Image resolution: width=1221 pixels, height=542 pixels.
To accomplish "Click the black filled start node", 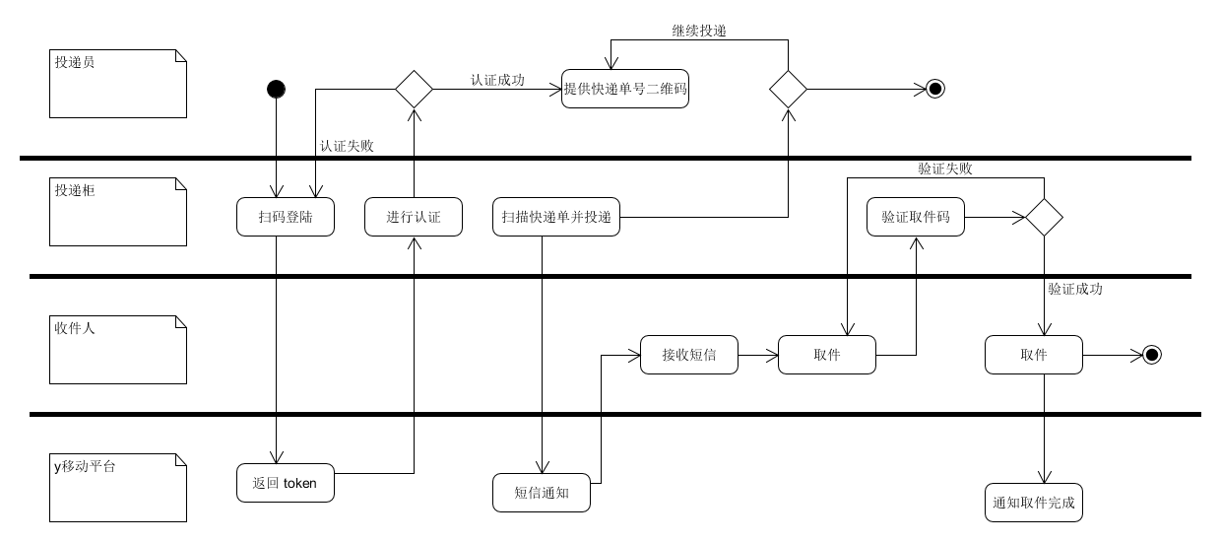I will tap(277, 90).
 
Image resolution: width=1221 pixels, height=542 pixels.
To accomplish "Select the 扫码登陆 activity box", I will tap(286, 217).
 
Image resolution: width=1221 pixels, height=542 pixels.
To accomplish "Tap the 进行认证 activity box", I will tap(414, 217).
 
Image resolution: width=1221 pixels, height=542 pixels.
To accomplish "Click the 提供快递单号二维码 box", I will tap(625, 89).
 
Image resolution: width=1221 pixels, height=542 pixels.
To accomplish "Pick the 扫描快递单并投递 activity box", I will tap(556, 217).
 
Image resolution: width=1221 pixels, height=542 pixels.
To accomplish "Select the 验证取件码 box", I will tap(916, 217).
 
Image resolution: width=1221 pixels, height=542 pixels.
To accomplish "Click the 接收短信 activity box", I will tap(689, 355).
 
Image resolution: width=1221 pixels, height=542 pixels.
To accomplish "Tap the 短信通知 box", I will tap(542, 493).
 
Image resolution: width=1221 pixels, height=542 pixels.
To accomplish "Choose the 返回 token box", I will tap(286, 483).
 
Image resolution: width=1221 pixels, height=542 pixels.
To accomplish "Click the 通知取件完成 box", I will tap(1034, 503).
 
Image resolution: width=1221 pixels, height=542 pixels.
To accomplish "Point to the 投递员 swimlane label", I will tap(76, 62).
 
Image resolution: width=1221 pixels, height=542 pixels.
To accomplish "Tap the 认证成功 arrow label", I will tap(497, 80).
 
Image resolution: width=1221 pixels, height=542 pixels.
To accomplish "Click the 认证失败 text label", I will tap(347, 145).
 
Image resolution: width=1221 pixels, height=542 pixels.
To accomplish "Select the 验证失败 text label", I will tap(945, 169).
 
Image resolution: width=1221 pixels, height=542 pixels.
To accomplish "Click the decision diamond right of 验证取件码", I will tap(1044, 217).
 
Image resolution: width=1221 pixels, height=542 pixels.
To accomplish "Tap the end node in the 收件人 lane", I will tap(1151, 355).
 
